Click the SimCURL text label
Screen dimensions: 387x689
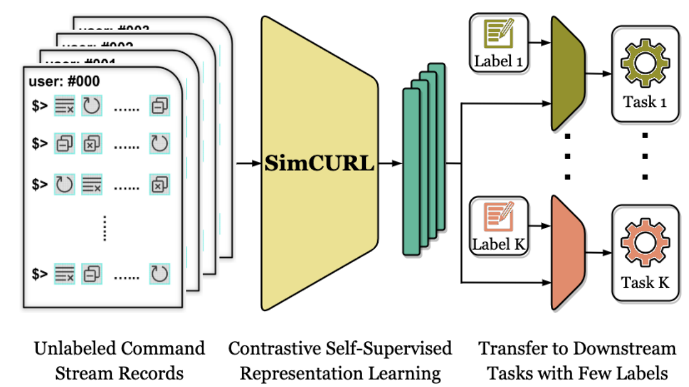point(320,164)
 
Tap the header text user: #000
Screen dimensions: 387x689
point(64,82)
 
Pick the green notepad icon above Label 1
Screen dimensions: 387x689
point(498,35)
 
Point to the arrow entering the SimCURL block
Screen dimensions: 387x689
point(247,164)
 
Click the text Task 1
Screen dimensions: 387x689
point(644,102)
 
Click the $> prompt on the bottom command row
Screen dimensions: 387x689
point(40,274)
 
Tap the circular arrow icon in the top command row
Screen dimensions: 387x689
point(91,106)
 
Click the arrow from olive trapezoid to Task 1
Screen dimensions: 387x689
point(598,73)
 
